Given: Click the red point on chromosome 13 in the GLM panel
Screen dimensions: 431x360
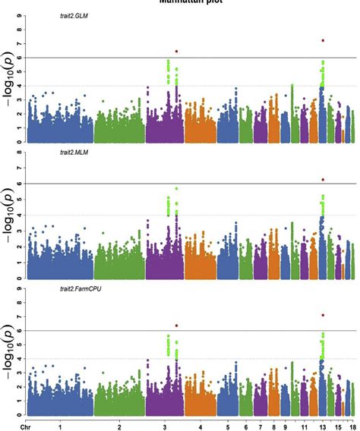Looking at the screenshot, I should [323, 40].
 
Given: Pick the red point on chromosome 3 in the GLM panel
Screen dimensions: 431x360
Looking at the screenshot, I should [177, 52].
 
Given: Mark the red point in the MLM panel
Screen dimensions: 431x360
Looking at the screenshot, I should [323, 180].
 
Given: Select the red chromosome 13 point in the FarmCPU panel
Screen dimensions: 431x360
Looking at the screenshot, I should [323, 315].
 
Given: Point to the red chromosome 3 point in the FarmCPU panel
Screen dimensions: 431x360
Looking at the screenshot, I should [177, 326].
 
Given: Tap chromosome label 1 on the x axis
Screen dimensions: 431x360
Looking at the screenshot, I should [60, 425].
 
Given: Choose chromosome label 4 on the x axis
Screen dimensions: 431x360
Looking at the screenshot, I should [201, 425].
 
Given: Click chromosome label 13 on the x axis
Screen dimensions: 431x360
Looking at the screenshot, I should [322, 425].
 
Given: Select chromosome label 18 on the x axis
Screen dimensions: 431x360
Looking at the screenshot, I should [352, 425].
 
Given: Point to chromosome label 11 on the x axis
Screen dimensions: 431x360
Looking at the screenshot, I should [304, 425].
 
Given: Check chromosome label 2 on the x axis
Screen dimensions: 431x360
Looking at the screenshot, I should [119, 425].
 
